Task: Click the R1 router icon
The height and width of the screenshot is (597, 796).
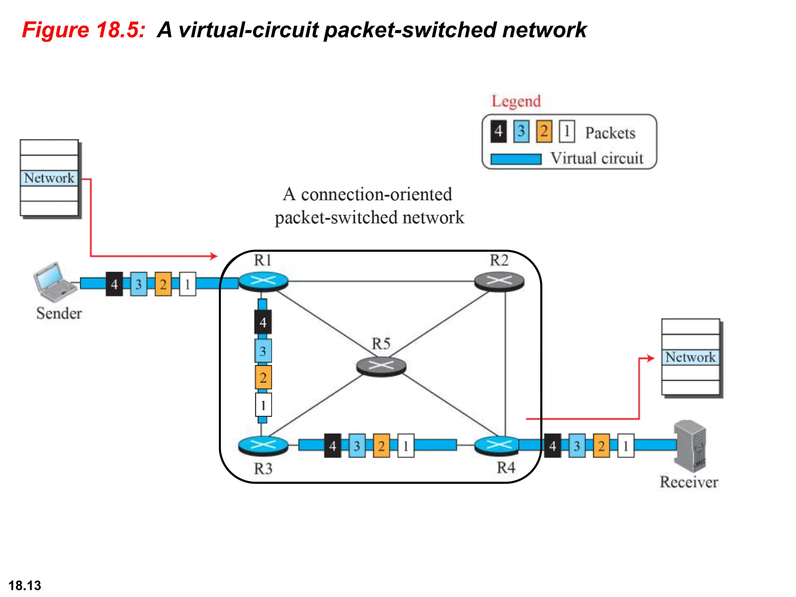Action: click(263, 281)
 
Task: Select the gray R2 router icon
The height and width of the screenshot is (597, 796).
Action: click(499, 281)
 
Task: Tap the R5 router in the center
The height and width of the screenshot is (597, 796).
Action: click(381, 366)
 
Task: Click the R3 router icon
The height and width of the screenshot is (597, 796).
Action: click(263, 445)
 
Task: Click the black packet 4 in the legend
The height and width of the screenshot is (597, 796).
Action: click(498, 132)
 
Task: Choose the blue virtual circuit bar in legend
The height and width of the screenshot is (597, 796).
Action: click(516, 159)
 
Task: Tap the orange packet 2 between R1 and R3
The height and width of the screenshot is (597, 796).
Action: click(263, 377)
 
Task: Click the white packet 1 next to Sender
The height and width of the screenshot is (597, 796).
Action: click(187, 284)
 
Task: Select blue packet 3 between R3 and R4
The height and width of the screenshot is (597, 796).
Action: click(357, 445)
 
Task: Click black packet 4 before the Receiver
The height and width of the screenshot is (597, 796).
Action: click(552, 445)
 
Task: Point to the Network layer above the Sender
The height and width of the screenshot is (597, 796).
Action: click(49, 178)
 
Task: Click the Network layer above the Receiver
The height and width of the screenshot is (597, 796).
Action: click(690, 357)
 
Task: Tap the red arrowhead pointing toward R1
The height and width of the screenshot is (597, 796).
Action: click(214, 256)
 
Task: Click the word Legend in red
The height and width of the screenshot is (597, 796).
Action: click(516, 101)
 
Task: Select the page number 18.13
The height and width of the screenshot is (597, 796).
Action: click(24, 585)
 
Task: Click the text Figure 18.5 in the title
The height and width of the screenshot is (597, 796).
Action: click(84, 30)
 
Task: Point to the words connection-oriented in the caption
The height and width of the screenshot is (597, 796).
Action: click(376, 194)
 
